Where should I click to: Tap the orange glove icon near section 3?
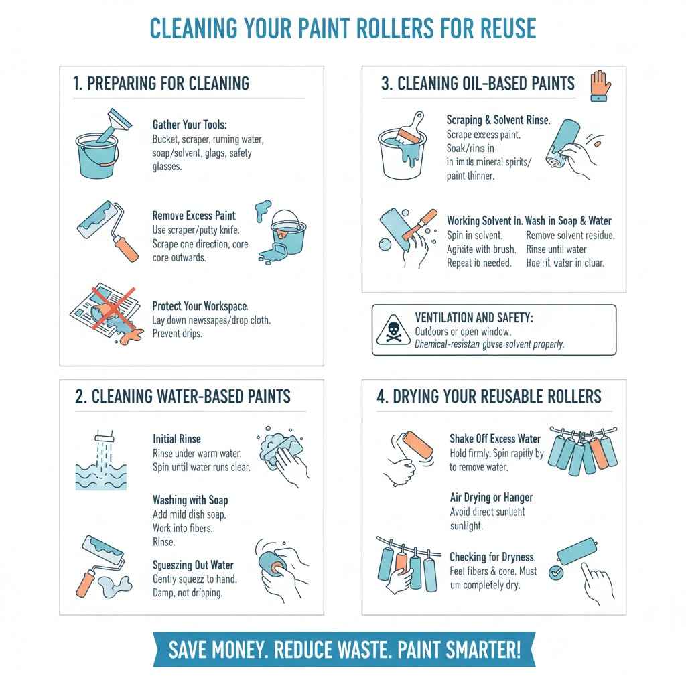[x=598, y=86]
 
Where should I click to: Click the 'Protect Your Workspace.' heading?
[x=200, y=305]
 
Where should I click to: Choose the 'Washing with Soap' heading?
[x=191, y=500]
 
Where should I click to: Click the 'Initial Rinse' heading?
[x=176, y=439]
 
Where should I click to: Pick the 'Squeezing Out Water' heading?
[x=196, y=565]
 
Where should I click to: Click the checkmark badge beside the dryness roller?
[x=555, y=573]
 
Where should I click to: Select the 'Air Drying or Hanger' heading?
[x=491, y=498]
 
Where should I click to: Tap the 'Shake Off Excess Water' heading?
[x=495, y=439]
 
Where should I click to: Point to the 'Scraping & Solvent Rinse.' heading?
[x=498, y=120]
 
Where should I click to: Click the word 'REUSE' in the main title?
[x=498, y=28]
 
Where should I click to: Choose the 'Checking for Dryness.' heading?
[x=492, y=557]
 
